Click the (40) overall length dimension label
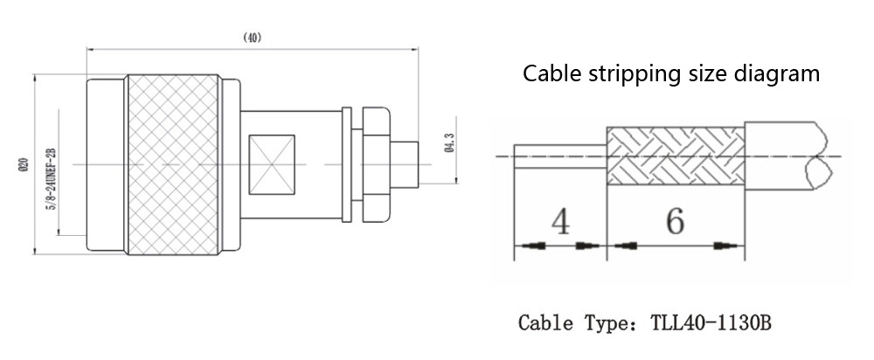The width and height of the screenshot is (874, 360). point(252,38)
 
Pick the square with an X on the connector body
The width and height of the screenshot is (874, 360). point(273,164)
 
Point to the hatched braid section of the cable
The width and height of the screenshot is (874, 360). point(676,156)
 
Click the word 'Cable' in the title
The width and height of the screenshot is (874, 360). point(548,73)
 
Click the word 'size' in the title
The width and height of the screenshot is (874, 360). point(699,73)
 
